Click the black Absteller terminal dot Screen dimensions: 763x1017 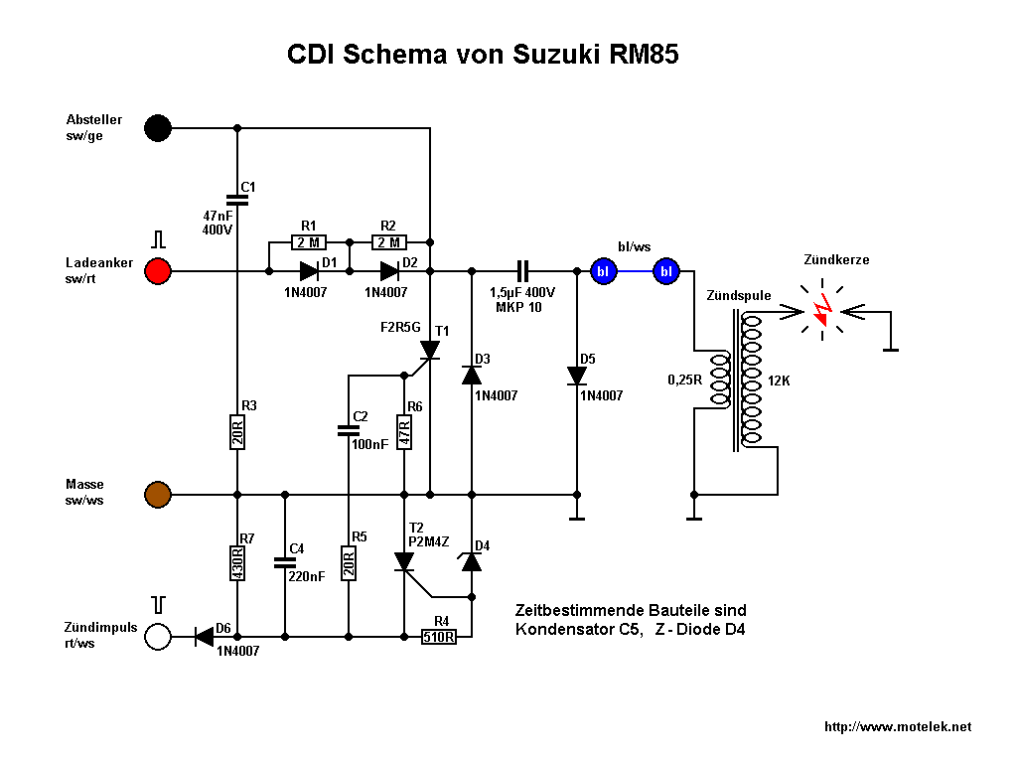158,127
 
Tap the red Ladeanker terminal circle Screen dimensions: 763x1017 158,270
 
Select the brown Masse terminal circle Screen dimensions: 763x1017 158,494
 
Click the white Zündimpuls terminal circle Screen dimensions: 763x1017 158,636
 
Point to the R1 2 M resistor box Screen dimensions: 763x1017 308,241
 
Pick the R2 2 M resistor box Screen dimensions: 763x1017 388,241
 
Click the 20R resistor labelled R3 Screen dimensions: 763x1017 237,432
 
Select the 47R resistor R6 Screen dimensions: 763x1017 404,432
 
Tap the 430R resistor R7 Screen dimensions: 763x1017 237,564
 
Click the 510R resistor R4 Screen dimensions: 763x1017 438,637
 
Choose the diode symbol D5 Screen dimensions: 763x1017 577,376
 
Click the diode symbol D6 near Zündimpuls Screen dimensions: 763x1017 205,636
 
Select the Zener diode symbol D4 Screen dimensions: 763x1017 472,560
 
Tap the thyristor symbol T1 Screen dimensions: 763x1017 429,350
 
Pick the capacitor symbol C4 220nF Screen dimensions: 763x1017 285,562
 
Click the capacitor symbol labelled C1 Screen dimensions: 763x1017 237,200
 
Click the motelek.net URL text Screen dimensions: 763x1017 898,728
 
